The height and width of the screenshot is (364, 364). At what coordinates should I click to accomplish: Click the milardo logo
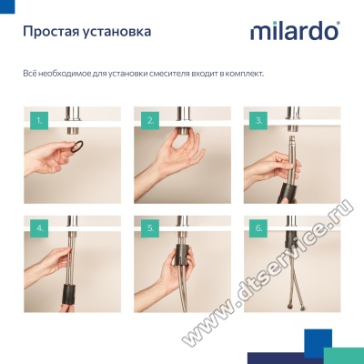[295, 31]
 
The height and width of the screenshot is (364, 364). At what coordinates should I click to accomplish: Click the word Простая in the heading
[48, 32]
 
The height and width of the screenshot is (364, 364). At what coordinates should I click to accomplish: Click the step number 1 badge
[39, 121]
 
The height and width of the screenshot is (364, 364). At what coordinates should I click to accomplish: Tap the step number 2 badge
[150, 121]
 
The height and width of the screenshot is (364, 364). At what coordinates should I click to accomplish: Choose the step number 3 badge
[258, 121]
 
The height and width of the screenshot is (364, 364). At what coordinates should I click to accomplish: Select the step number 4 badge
[40, 228]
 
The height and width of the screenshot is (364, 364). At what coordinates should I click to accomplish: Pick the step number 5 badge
[150, 228]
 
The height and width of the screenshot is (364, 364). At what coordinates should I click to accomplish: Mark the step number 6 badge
[258, 228]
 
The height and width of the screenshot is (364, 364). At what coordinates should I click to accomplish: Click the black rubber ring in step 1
[77, 147]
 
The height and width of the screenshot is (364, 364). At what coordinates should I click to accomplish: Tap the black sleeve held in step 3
[286, 192]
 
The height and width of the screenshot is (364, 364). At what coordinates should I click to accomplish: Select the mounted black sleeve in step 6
[290, 239]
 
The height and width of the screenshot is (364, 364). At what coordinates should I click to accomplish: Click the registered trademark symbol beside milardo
[338, 23]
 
